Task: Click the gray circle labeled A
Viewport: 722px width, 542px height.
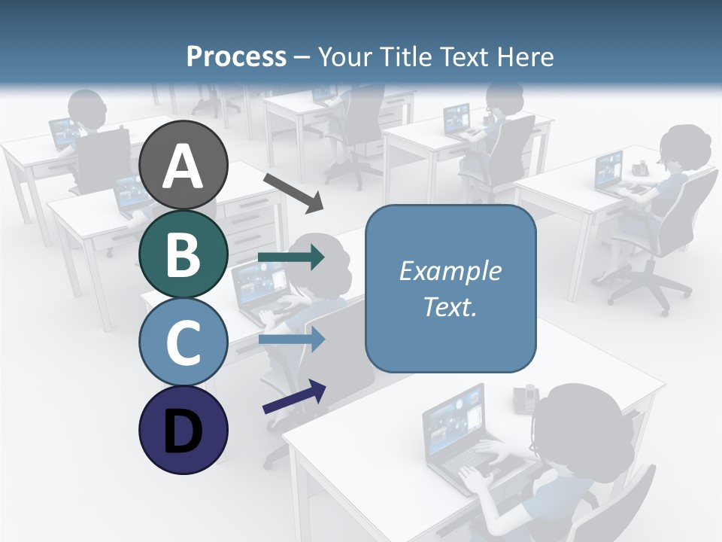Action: (x=184, y=165)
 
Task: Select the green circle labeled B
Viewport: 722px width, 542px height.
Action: (x=184, y=254)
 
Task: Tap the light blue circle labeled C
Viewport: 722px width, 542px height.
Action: (x=184, y=342)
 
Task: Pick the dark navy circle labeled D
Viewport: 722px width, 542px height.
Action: (x=184, y=430)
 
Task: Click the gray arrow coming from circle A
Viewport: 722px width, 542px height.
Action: (x=293, y=193)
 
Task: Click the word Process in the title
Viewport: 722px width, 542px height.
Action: (x=236, y=56)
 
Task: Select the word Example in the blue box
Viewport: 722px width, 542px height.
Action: (x=450, y=271)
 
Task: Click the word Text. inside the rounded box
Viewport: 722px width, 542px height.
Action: (x=450, y=306)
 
